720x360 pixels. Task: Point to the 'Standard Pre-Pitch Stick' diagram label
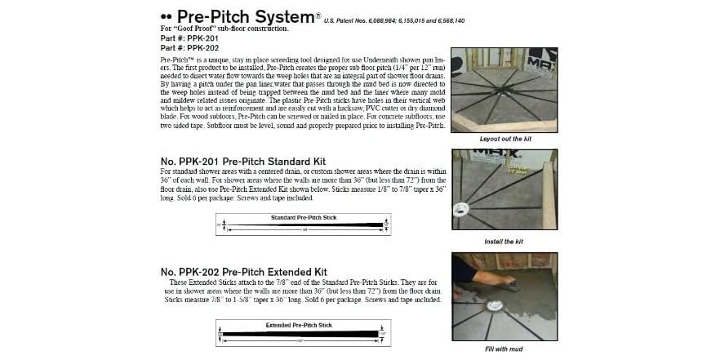tap(303, 218)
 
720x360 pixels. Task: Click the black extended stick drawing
tap(302, 334)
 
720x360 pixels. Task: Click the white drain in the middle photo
tap(469, 207)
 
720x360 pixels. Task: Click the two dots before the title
tap(167, 16)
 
